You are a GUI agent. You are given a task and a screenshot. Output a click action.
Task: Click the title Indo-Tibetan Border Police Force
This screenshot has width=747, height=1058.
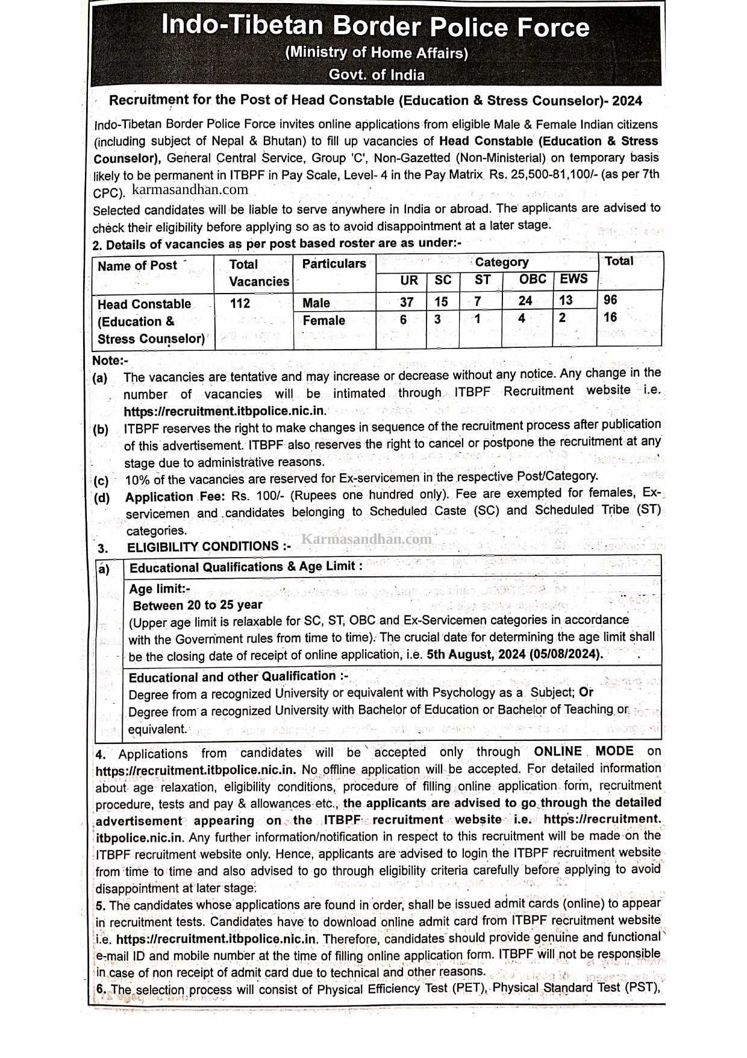375,27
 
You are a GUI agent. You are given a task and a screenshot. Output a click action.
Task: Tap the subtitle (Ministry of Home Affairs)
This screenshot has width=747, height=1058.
377,53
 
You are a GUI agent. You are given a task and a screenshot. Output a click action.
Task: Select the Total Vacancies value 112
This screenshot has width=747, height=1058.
240,303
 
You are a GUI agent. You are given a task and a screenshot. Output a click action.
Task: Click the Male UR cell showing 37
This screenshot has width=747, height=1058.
407,301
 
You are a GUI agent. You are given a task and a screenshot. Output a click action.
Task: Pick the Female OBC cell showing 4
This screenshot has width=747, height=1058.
522,318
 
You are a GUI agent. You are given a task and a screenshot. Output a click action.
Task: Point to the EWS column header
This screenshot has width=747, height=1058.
574,279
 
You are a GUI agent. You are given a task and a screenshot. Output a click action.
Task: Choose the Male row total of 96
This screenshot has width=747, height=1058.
610,300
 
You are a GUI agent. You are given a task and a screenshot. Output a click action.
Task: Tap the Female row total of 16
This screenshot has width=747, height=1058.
610,317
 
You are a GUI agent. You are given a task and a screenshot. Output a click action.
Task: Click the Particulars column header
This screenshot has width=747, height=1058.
334,264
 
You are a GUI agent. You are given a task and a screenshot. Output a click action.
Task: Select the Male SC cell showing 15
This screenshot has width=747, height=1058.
441,301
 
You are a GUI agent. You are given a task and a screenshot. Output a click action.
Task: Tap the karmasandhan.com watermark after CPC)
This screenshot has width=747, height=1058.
190,190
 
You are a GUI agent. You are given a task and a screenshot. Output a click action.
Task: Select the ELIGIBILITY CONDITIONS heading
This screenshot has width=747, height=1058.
208,547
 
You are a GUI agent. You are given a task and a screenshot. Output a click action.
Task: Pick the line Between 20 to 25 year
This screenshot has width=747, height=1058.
198,605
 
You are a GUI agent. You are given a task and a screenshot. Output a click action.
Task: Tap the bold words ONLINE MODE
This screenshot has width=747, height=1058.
584,751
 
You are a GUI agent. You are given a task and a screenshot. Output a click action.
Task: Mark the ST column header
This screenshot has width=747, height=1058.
483,280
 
